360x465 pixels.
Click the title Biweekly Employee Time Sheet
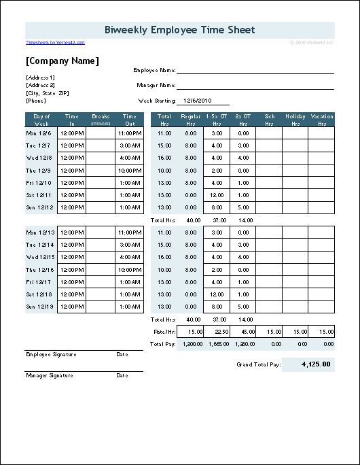click(x=179, y=30)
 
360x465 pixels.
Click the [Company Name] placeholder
click(x=62, y=61)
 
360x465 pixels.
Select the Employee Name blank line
click(x=255, y=70)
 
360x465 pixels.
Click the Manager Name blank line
click(x=255, y=86)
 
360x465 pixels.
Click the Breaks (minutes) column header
click(x=101, y=120)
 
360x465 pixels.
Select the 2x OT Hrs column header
click(x=243, y=120)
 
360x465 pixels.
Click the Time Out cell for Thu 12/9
click(x=130, y=171)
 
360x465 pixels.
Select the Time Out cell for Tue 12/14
click(x=130, y=245)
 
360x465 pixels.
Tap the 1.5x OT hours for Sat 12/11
click(x=217, y=195)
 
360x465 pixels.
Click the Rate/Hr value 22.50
click(x=217, y=332)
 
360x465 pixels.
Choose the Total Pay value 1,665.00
click(x=217, y=345)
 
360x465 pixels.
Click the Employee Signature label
click(x=51, y=355)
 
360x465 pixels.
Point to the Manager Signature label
click(x=50, y=375)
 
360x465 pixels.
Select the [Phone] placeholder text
click(x=35, y=101)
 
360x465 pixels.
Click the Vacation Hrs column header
click(x=321, y=120)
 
